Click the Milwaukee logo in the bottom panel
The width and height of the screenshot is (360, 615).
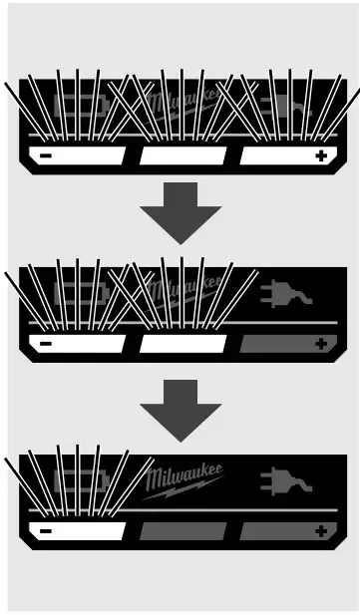coord(184,478)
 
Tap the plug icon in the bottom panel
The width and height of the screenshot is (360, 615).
coord(284,481)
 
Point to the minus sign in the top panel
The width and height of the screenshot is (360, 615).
coord(46,156)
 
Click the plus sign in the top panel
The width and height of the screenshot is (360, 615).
coord(320,156)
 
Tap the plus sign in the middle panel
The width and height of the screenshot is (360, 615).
coord(320,344)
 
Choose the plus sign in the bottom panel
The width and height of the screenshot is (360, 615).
coord(320,531)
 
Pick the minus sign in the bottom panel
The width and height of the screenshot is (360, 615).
coord(46,531)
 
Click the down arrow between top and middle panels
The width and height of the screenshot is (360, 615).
coord(180,212)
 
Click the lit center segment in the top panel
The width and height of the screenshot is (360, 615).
coord(181,156)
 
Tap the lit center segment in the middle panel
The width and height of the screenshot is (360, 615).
coord(181,344)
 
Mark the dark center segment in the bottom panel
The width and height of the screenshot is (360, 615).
coord(181,531)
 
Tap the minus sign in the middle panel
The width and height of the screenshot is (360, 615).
coord(46,344)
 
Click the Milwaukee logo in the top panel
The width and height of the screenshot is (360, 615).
coord(184,104)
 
